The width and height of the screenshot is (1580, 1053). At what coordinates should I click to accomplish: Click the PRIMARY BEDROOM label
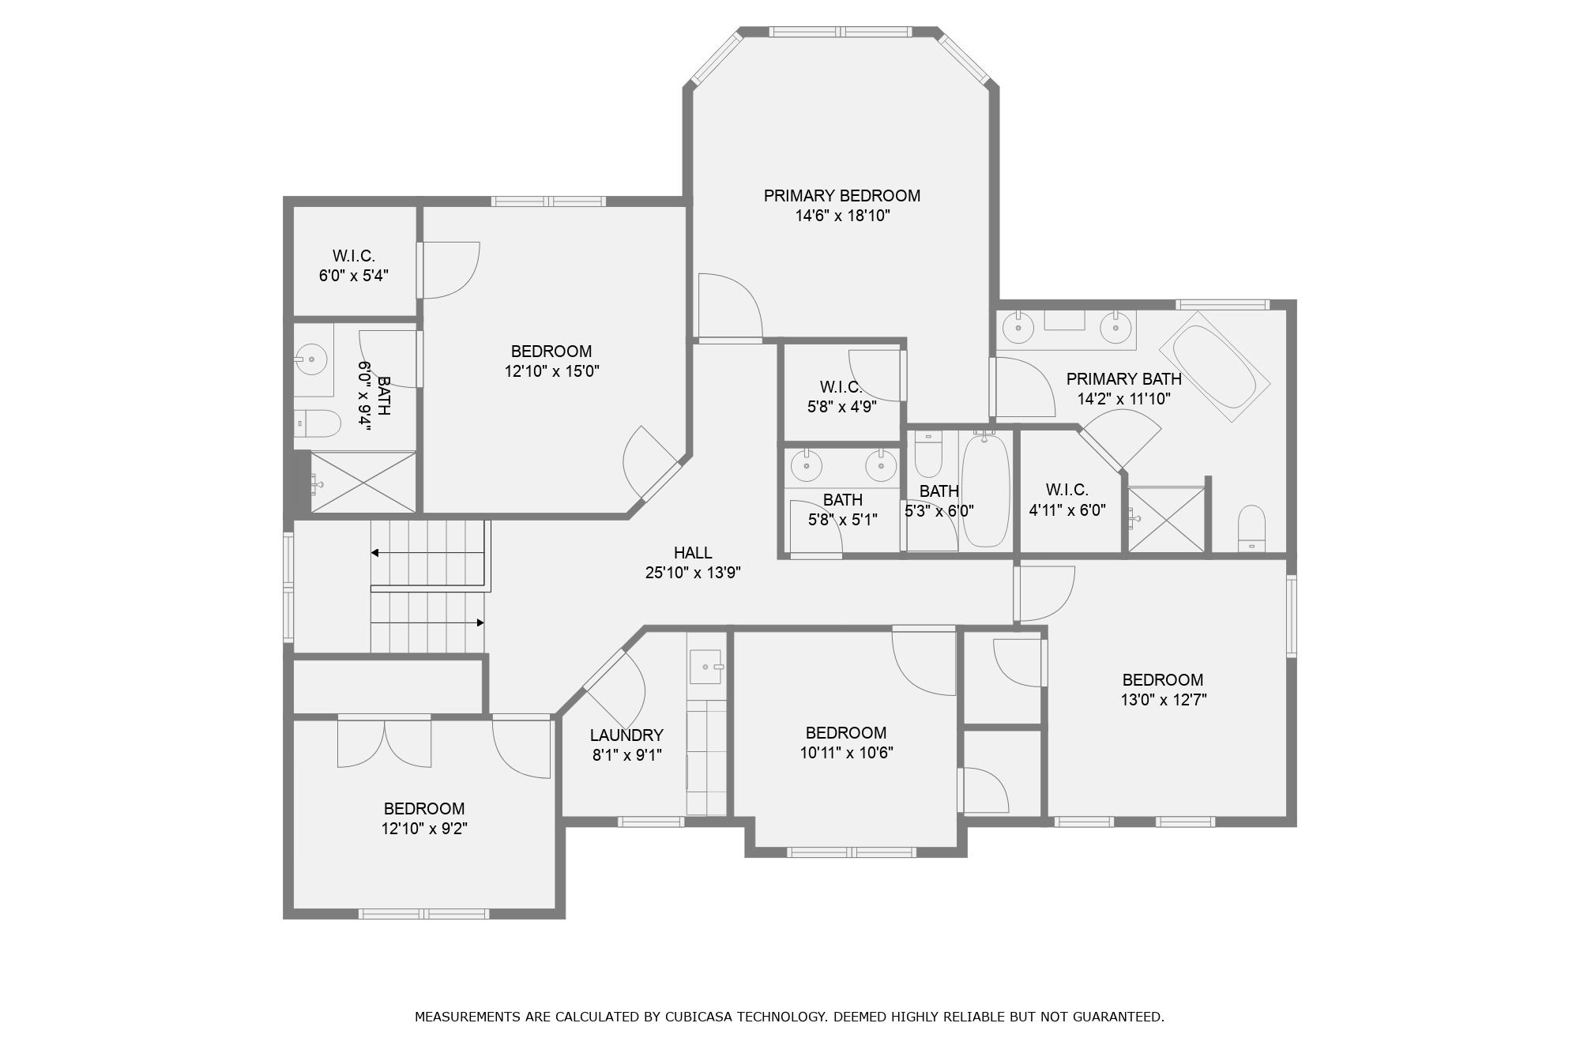click(841, 195)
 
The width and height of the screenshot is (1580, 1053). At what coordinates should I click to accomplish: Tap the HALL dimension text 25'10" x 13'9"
click(693, 573)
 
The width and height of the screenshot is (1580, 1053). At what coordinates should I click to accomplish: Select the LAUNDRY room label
click(626, 735)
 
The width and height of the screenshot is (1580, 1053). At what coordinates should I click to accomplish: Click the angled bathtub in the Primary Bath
click(1214, 367)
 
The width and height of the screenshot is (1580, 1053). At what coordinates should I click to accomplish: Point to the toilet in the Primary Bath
click(1251, 528)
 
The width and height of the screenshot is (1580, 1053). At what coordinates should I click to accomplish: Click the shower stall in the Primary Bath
click(1166, 519)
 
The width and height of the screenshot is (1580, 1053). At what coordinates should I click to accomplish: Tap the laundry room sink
click(705, 667)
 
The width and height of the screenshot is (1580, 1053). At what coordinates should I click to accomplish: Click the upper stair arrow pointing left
click(376, 553)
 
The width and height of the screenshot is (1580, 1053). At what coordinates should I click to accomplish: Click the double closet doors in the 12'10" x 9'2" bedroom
click(385, 743)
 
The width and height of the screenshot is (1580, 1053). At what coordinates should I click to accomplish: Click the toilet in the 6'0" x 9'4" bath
click(318, 423)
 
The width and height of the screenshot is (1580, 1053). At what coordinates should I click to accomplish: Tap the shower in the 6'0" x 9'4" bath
click(363, 482)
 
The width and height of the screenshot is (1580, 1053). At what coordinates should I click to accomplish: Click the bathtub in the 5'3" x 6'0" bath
click(985, 490)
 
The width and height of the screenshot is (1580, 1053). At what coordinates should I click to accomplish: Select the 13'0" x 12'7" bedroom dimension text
click(1163, 700)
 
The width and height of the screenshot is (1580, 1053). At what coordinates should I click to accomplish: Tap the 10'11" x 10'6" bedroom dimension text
click(846, 753)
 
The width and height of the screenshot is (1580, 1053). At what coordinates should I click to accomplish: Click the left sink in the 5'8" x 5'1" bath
click(807, 466)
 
